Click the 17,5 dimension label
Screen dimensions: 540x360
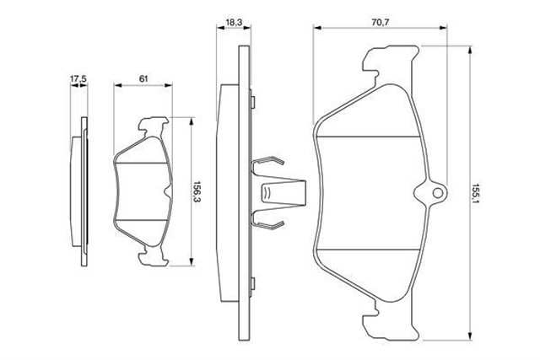[x=78, y=78]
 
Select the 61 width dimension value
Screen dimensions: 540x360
[x=143, y=78]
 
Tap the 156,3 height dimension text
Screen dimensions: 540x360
[x=197, y=192]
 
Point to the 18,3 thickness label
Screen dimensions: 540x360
[x=234, y=23]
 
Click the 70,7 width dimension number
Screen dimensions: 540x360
[x=381, y=23]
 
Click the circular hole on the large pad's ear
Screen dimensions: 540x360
[x=438, y=193]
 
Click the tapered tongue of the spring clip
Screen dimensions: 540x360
[x=283, y=193]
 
